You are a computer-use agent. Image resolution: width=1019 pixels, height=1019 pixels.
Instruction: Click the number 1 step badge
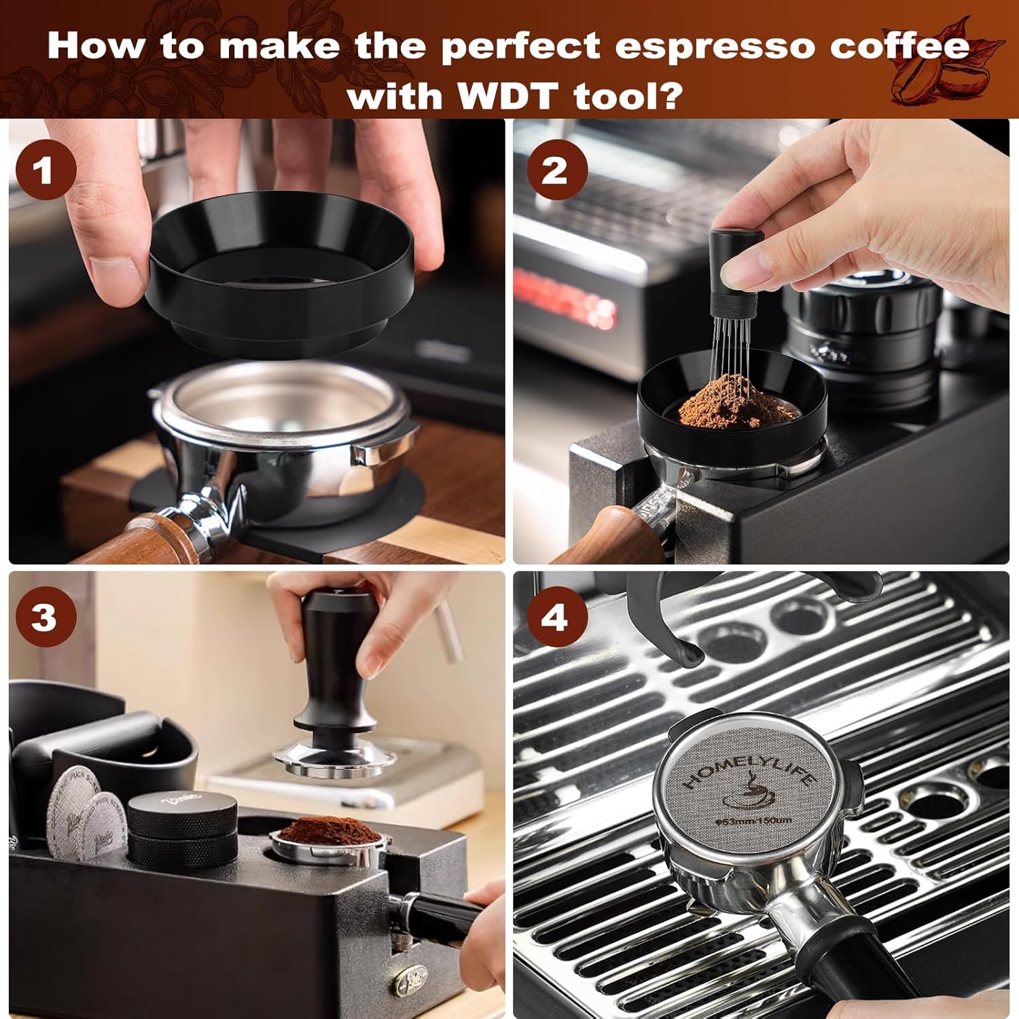pos(45,170)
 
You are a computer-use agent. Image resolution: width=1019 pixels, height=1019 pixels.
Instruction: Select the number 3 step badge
pos(45,618)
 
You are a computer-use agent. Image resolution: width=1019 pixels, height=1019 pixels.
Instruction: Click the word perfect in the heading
pos(521,46)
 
